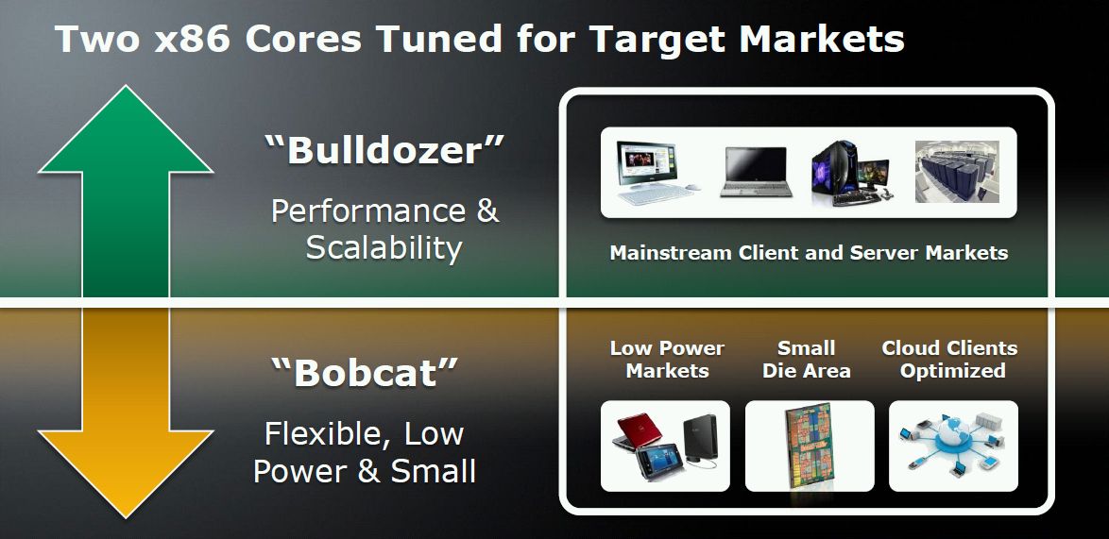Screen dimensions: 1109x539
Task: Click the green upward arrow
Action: [x=126, y=191]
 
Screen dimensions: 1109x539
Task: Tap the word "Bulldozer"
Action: [x=384, y=150]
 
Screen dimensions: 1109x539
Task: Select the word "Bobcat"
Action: [x=366, y=372]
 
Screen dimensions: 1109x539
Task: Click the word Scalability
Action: [x=384, y=248]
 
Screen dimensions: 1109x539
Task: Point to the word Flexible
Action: [x=325, y=433]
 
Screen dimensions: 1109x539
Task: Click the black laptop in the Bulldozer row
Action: [x=756, y=172]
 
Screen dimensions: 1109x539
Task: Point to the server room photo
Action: [x=957, y=172]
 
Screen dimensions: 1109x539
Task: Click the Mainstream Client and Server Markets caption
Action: [x=810, y=253]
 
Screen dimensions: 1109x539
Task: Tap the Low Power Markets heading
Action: [x=667, y=360]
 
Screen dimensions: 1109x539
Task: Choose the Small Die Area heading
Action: [x=807, y=360]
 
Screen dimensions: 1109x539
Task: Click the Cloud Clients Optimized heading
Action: [x=950, y=360]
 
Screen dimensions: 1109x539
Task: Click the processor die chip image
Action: [x=810, y=445]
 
